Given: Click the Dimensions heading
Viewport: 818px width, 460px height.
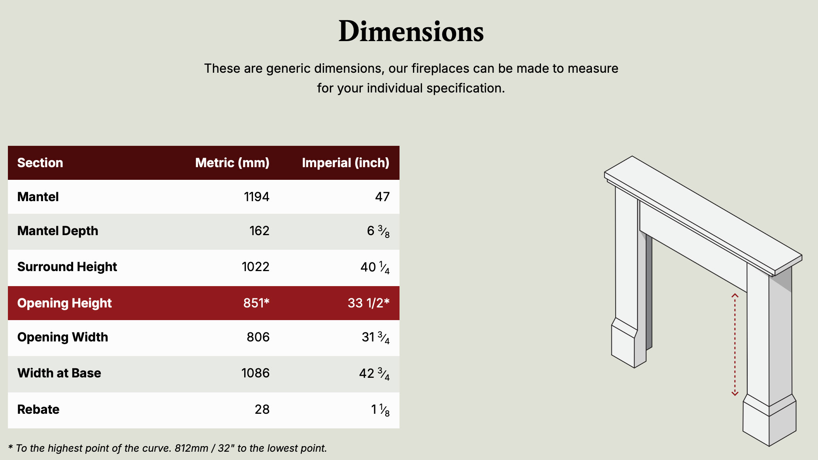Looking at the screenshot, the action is tap(411, 31).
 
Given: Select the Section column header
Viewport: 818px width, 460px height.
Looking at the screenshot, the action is tap(40, 163).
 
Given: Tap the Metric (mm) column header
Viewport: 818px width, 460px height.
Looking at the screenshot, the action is tap(232, 163).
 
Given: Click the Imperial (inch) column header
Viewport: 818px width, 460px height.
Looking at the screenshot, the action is tap(346, 163).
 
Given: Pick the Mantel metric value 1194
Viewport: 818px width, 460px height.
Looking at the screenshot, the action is tap(256, 197).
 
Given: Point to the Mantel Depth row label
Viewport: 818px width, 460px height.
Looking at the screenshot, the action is tap(58, 231).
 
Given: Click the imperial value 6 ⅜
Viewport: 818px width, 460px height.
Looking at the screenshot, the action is tap(378, 231).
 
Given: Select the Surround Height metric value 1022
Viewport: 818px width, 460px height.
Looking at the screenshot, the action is tap(256, 267).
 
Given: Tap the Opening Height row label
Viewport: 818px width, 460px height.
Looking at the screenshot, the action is tap(64, 303).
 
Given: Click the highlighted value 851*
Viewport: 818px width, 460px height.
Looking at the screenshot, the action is tap(256, 303).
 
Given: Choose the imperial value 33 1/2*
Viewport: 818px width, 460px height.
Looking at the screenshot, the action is tap(369, 303).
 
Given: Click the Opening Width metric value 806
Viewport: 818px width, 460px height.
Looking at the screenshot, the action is tap(258, 337).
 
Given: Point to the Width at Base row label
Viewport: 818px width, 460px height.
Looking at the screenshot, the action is tap(59, 373).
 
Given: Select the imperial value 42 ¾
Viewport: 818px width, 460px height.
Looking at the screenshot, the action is tap(374, 373).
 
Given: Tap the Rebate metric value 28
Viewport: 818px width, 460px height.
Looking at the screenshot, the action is tap(262, 409).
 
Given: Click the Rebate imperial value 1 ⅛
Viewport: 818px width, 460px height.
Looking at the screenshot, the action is tap(380, 410).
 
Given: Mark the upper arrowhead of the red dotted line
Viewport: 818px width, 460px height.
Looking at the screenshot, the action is tap(735, 295).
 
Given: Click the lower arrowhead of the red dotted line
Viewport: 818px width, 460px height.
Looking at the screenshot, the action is tap(735, 393).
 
